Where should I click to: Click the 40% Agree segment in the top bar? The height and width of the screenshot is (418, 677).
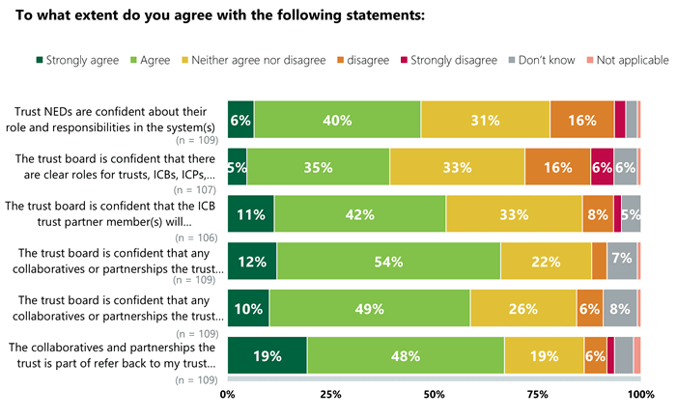(x=337, y=120)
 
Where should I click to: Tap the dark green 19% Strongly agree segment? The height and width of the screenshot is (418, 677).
(x=268, y=355)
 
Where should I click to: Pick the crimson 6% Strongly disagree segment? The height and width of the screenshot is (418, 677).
(x=602, y=166)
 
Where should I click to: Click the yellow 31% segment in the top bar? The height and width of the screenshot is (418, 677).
(x=485, y=120)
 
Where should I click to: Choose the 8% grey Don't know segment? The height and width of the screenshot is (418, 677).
(x=620, y=309)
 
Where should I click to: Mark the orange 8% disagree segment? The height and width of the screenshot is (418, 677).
(x=597, y=214)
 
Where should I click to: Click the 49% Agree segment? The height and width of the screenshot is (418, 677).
(x=370, y=309)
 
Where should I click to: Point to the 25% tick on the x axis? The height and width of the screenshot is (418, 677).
(x=331, y=394)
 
